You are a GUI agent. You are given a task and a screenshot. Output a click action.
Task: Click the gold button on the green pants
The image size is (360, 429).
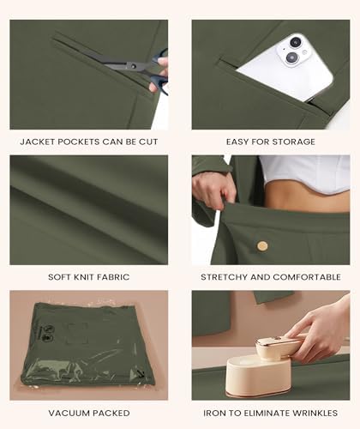click(262, 246)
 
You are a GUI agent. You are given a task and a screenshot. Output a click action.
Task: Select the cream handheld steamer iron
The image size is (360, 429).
click(261, 367)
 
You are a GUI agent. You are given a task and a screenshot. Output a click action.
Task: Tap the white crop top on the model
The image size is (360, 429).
click(306, 173)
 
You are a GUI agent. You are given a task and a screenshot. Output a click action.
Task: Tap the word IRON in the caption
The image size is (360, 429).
click(213, 413)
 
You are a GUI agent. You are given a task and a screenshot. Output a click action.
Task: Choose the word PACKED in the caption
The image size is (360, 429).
click(111, 413)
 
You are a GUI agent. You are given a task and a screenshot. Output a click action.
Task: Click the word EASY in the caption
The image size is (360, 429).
click(237, 142)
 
